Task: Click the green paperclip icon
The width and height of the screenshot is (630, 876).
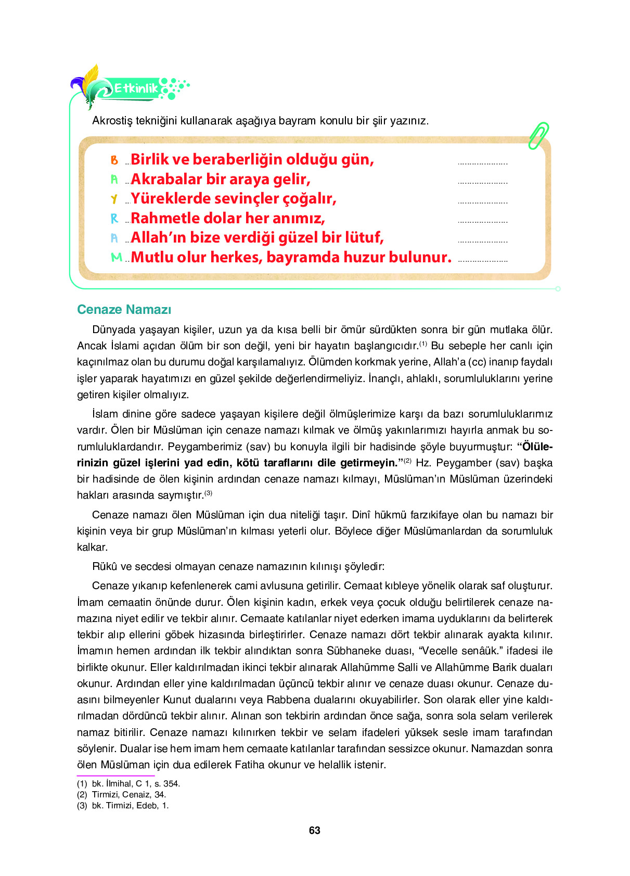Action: pos(538,136)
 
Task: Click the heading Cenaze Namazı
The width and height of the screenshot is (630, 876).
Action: pos(124,310)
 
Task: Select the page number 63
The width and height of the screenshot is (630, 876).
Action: pos(314,830)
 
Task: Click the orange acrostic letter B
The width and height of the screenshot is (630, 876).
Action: pos(114,160)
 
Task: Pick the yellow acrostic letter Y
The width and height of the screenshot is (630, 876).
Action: pos(114,199)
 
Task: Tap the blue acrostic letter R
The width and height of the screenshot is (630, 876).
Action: pos(114,219)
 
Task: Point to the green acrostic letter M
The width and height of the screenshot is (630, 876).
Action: pos(117,257)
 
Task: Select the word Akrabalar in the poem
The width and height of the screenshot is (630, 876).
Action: pos(166,179)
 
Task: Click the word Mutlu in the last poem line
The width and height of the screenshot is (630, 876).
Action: pos(152,257)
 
